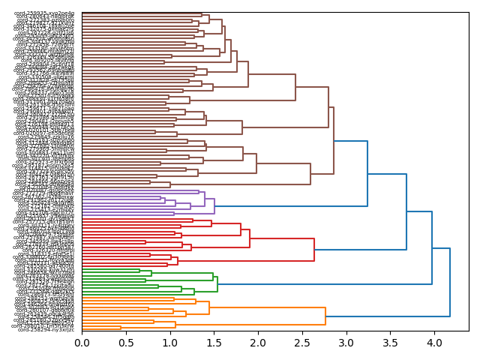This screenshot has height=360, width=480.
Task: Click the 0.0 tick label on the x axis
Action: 82,343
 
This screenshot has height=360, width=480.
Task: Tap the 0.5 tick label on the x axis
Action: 126,343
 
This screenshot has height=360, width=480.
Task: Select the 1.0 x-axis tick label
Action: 169,343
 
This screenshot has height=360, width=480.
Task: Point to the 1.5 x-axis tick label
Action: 214,343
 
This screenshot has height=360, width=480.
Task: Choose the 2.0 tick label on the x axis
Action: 258,343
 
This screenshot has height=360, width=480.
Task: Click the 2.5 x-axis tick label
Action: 302,343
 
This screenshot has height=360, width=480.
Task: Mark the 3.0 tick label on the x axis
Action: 346,343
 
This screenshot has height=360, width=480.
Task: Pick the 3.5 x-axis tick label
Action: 390,343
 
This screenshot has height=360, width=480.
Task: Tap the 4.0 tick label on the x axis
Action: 434,343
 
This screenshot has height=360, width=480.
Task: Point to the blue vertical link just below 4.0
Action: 432,248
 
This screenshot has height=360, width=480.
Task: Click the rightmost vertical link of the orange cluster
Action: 325,316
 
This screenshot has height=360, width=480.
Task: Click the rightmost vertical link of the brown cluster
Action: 334,140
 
